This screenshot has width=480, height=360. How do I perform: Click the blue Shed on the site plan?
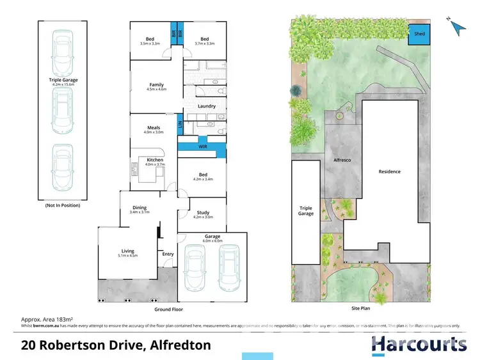(419, 34)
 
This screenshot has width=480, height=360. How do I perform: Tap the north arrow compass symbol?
(456, 27)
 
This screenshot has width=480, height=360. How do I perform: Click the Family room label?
(157, 85)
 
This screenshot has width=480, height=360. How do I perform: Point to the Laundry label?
(207, 106)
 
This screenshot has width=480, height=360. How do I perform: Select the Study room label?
(203, 213)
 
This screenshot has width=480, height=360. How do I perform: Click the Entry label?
(168, 254)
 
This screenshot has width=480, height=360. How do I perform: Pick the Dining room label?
(139, 208)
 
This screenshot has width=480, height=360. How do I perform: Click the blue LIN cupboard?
(180, 124)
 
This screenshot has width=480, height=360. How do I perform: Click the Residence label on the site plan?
(390, 171)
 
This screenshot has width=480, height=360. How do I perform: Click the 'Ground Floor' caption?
(168, 309)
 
